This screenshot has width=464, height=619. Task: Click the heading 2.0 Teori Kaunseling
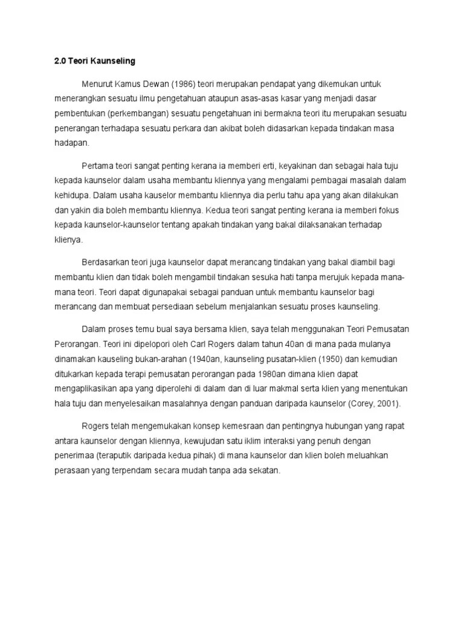tap(91, 61)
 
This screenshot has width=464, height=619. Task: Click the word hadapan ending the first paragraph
tap(71, 143)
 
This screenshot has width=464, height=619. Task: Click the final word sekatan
tap(264, 470)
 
